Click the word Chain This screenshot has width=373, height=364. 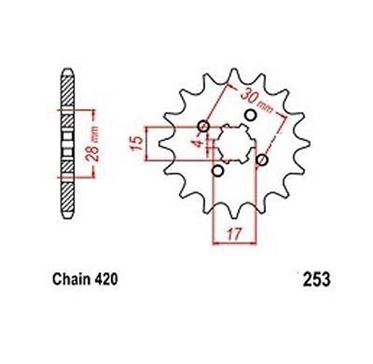coord(72,279)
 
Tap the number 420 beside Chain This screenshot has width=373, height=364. coord(106,279)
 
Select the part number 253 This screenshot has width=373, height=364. coord(316,280)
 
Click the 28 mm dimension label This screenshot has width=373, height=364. coord(93,143)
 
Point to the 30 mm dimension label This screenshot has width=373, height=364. coord(256,101)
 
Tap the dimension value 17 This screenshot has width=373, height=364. coord(234,233)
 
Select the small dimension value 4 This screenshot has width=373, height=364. coord(199,143)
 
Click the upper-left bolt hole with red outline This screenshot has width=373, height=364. coord(204,126)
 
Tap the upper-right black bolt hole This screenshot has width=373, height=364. coord(251,115)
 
